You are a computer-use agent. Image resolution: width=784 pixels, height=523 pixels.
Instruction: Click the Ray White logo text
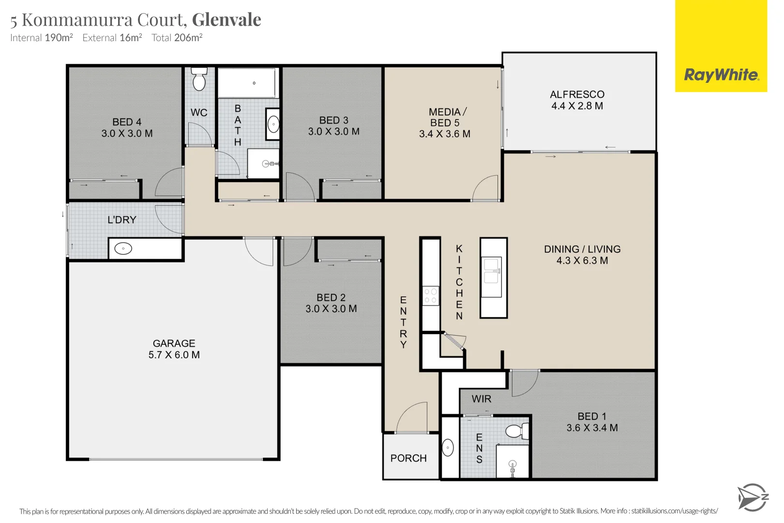coord(721,75)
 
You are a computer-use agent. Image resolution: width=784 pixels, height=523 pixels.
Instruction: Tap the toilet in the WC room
coord(199,79)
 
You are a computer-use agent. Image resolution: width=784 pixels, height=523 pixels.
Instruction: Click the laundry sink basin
coord(123,249)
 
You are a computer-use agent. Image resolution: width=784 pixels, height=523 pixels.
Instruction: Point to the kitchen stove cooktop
coord(430,295)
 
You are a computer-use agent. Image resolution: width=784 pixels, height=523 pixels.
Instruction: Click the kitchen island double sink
coord(492,271)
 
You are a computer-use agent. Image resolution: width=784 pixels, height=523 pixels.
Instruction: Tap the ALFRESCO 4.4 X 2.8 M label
coord(577,100)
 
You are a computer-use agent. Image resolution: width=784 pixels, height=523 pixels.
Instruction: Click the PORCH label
coord(408,458)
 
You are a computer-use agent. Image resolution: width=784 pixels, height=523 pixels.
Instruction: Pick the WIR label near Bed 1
coord(481,399)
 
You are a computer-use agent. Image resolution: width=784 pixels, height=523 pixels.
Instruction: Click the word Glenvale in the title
coord(226,20)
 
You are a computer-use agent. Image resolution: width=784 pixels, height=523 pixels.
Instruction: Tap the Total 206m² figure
coord(177,38)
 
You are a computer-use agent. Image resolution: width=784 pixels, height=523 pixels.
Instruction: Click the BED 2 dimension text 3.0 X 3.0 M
coord(331,309)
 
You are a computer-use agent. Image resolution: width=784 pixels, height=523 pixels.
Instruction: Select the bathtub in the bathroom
coord(247,83)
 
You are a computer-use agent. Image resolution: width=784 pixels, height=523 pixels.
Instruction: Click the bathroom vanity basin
coord(273,124)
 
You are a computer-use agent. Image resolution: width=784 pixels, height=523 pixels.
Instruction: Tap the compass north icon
coord(752,497)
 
